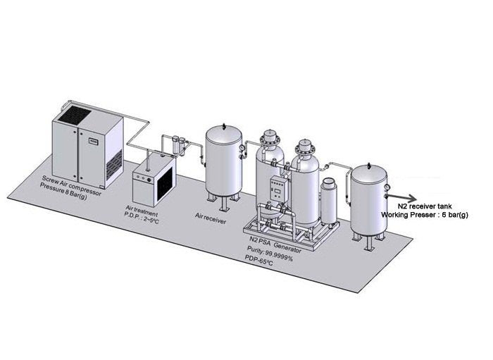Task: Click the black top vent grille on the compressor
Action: click(77, 112)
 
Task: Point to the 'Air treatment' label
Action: click(142, 211)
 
